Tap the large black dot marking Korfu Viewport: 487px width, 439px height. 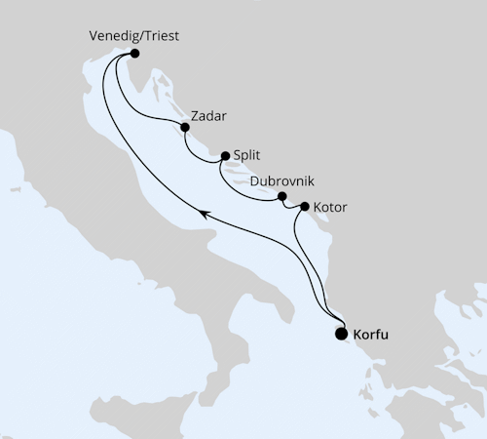[x=341, y=334]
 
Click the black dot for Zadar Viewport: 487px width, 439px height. [x=184, y=126]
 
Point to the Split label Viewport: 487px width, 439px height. [x=247, y=155]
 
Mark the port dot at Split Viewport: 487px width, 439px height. [x=225, y=155]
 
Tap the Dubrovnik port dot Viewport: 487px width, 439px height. [x=282, y=197]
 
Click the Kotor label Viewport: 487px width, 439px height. [x=331, y=208]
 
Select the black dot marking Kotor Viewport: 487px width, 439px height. [x=305, y=207]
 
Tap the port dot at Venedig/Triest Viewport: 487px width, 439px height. [x=134, y=54]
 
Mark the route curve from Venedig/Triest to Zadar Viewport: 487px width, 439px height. [x=146, y=107]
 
